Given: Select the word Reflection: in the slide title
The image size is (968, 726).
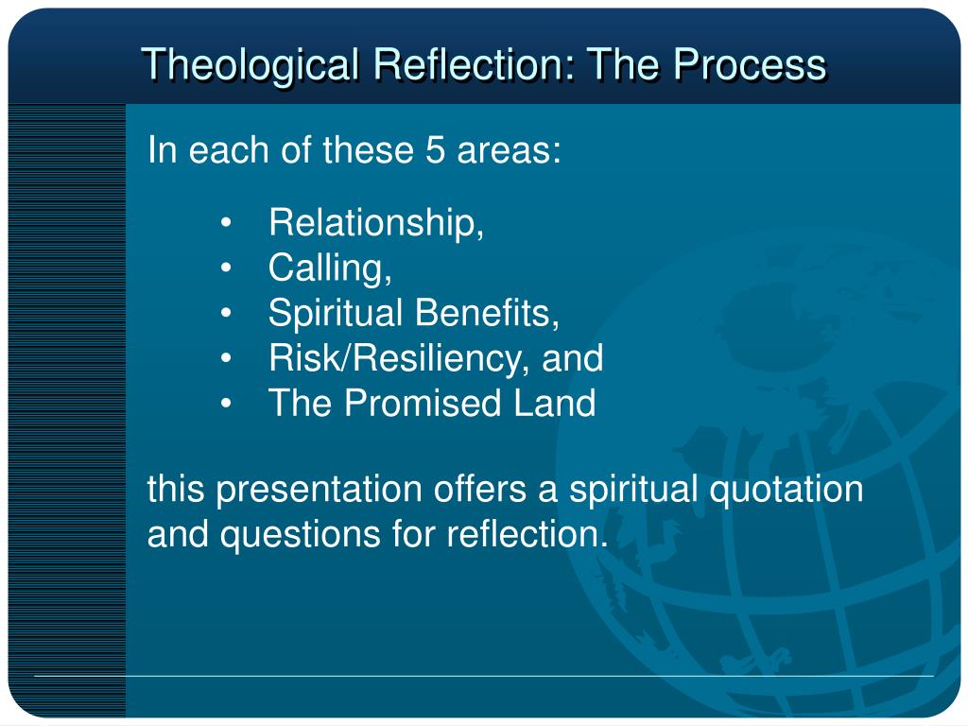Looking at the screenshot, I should pos(475,65).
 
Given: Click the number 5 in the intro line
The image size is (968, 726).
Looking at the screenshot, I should pos(435,151).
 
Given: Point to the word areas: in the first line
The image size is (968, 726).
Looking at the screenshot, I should pos(509,151).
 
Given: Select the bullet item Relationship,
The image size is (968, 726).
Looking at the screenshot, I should pos(376,223).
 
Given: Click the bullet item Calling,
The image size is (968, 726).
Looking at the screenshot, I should pos(330,268).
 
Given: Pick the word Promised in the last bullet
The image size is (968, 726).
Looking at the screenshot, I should pos(423,404).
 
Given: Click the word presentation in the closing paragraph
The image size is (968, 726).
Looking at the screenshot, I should pos(320,491).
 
